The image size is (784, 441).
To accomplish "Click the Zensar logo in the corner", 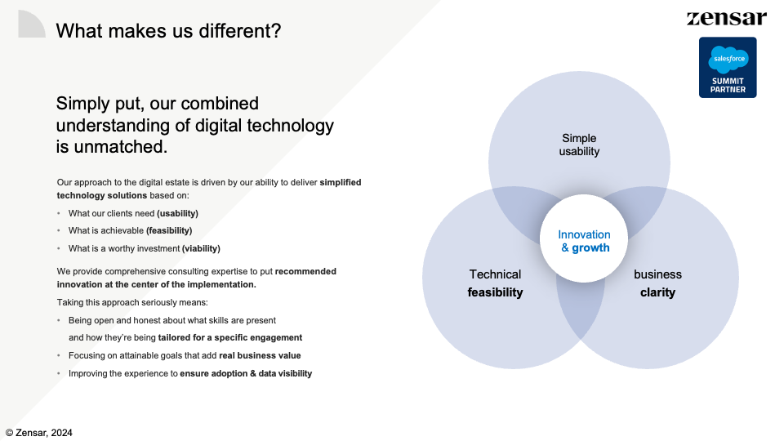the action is point(727,19).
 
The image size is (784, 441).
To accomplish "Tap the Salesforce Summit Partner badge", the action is point(728,68).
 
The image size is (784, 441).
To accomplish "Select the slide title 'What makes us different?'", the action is point(168,31).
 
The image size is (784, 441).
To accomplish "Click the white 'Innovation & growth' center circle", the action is point(583,238).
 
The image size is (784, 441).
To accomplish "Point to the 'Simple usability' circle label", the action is point(579,145).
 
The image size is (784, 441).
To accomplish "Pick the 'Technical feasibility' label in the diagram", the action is point(495,283).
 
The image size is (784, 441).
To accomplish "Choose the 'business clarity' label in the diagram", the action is point(657,283).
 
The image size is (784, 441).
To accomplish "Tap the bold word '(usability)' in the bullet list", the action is point(177,213).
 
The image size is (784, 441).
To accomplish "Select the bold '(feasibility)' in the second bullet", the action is point(169,230).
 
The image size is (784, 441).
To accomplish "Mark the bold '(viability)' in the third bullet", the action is point(201,248).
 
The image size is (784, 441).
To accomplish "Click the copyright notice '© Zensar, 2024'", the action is point(39,433).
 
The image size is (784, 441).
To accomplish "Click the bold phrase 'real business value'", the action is point(260,355).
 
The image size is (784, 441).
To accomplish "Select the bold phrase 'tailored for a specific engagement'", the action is point(230,337).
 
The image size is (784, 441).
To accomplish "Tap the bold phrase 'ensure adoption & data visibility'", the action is point(246,373).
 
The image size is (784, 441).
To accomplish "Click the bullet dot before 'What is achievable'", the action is point(59,230).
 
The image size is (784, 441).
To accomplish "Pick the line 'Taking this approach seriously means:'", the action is point(132,302).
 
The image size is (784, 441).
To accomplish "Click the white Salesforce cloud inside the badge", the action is point(728,59).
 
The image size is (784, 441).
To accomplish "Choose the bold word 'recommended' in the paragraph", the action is point(305,271).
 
